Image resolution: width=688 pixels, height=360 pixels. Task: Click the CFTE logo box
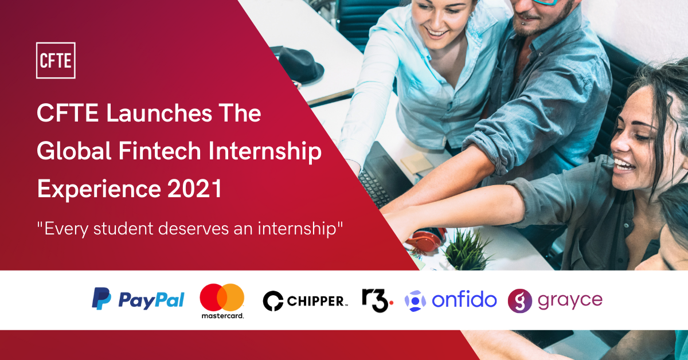[56, 60]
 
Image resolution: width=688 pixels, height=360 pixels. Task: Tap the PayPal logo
[138, 300]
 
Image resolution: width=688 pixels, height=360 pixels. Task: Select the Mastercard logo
[222, 301]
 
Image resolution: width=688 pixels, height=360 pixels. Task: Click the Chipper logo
[305, 300]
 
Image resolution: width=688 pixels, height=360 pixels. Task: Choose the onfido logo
[451, 300]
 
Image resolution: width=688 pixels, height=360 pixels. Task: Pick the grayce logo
[555, 300]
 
